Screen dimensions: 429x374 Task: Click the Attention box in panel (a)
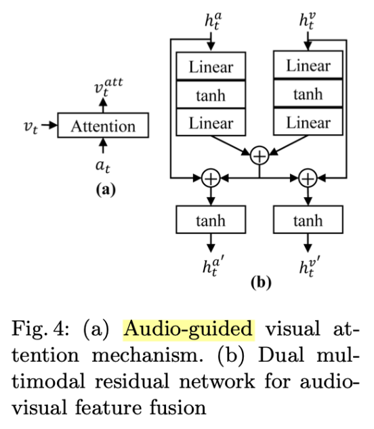103,126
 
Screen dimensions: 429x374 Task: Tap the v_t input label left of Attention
30,126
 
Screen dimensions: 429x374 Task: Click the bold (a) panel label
103,190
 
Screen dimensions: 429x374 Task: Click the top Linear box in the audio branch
211,66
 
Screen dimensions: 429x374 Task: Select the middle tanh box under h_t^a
211,95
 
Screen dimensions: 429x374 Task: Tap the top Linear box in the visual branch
308,66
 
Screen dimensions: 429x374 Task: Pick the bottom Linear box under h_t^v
308,123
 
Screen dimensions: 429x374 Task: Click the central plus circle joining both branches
259,156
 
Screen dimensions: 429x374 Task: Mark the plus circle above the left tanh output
211,179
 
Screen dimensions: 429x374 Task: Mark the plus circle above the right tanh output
308,179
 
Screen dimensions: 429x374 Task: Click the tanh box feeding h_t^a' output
211,220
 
